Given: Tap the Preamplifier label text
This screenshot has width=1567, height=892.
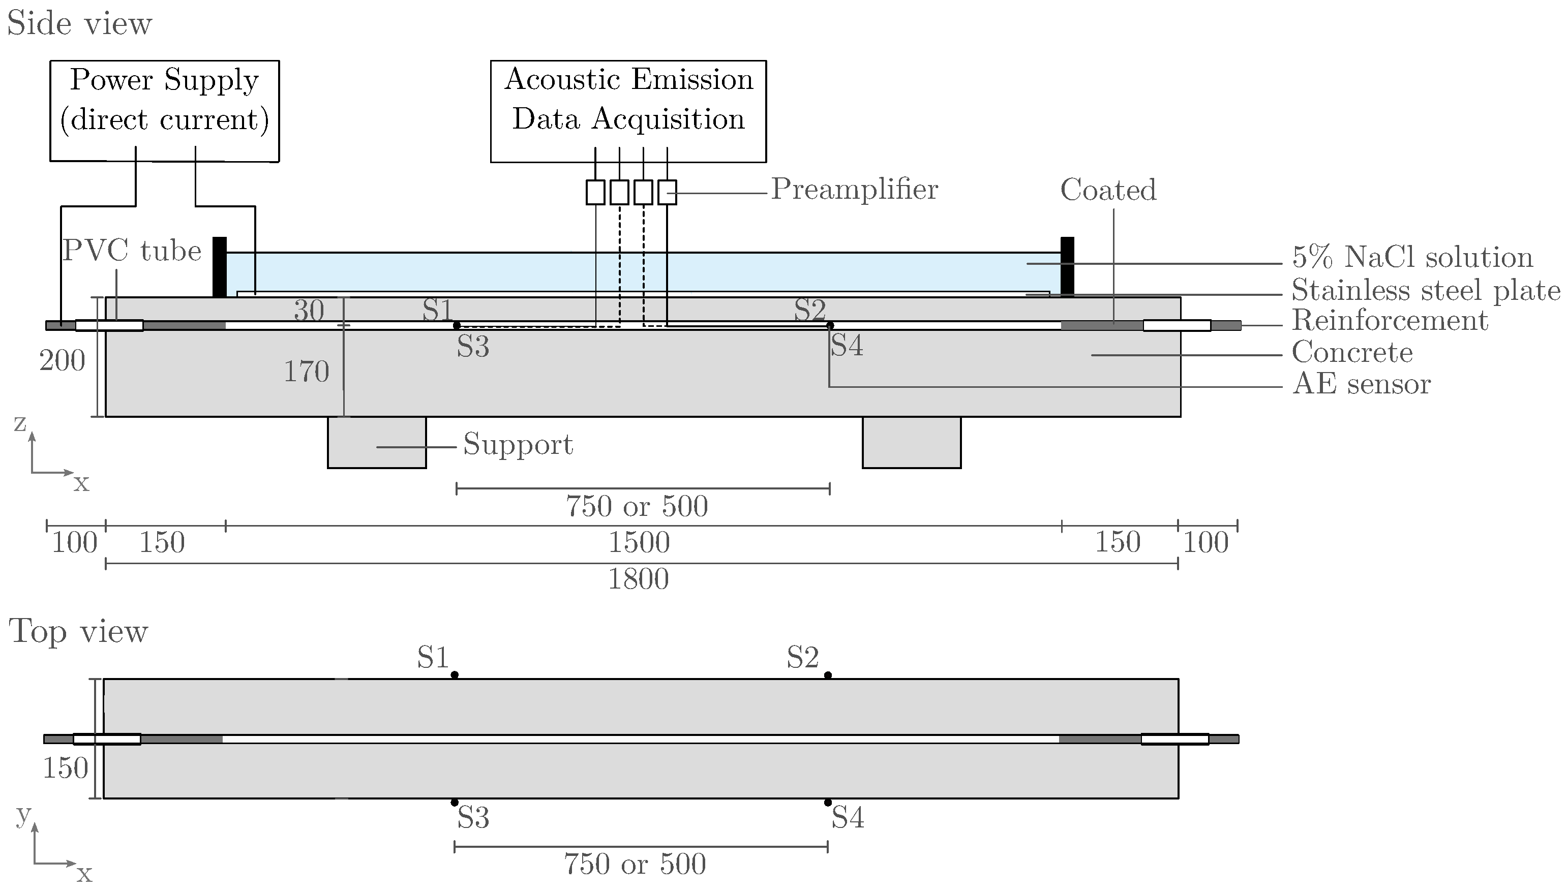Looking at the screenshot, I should (x=854, y=189).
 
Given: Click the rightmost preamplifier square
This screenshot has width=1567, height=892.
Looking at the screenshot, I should (x=667, y=192).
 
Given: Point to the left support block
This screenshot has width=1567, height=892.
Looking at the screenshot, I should (x=376, y=442).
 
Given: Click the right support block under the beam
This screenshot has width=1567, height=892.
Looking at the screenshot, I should (x=911, y=442).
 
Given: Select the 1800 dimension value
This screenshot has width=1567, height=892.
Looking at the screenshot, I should (x=638, y=579).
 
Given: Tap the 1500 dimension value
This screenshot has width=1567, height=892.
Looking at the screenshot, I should (x=639, y=543).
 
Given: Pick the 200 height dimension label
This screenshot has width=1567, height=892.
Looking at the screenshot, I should (x=62, y=361).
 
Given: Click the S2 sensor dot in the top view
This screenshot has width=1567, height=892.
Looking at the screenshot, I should (x=828, y=675).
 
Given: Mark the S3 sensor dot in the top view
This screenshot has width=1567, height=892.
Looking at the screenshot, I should (x=454, y=803).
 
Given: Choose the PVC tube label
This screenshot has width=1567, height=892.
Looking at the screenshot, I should (x=132, y=251).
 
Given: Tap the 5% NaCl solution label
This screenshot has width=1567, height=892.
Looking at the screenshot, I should (x=1412, y=257).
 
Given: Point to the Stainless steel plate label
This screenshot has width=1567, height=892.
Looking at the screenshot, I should (x=1426, y=290).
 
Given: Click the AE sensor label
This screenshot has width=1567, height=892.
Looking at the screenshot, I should (x=1361, y=384).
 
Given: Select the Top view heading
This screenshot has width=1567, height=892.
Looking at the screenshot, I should (x=78, y=631).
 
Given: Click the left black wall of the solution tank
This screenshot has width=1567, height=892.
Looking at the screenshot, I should (x=220, y=267).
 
